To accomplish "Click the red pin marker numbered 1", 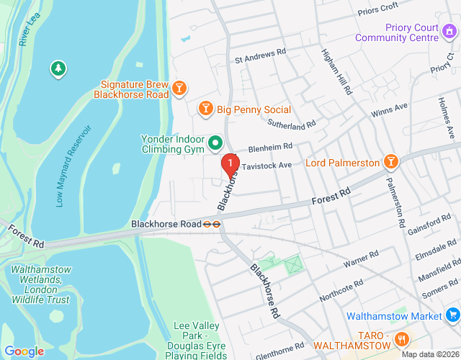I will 230,165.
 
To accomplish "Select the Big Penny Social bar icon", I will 205,109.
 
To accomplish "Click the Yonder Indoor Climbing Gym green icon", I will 215,144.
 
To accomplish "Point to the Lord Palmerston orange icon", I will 390,162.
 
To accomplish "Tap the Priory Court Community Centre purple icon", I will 449,31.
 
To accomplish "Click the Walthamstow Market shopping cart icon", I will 452,315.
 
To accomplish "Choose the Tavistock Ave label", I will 267,165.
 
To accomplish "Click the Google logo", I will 24,351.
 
